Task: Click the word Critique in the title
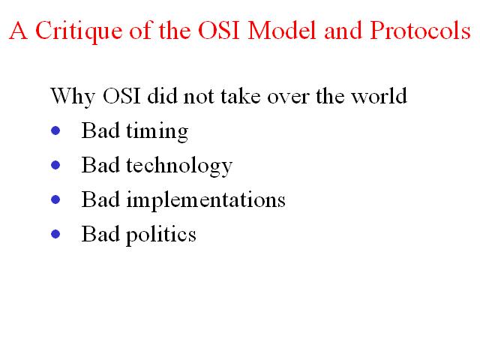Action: click(79, 31)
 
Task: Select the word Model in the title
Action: click(282, 30)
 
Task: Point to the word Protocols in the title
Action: click(420, 30)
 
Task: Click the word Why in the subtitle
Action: click(73, 97)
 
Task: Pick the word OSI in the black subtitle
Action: click(121, 96)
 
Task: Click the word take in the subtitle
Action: click(241, 96)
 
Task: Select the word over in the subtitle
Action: click(288, 98)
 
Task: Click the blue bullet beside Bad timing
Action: click(55, 130)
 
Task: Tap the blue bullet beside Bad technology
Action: click(55, 165)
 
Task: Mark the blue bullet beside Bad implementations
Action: click(55, 200)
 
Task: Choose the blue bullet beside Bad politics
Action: click(55, 234)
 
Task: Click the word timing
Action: click(157, 132)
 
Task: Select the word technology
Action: click(179, 166)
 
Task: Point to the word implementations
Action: click(206, 201)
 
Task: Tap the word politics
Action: click(161, 235)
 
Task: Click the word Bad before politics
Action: click(100, 234)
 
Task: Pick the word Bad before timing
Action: click(100, 130)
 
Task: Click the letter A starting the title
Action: click(19, 30)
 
